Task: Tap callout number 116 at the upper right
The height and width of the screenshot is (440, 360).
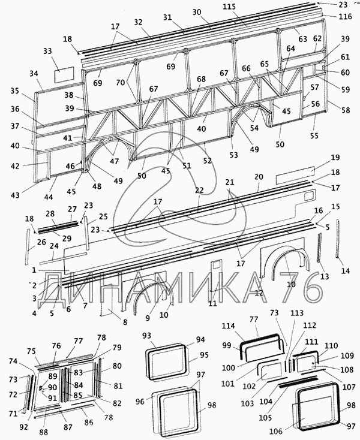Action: click(346, 17)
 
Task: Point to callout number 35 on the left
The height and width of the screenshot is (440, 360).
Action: click(14, 91)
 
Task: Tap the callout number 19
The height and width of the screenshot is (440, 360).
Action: click(335, 157)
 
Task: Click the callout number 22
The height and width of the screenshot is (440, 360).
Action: click(199, 190)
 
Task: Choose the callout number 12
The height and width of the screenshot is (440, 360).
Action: click(259, 293)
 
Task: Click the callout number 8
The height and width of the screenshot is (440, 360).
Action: click(125, 322)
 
